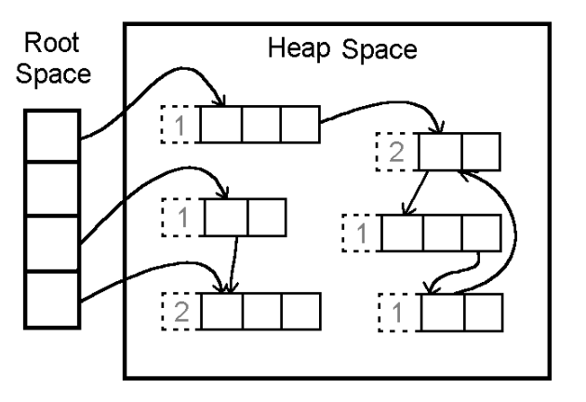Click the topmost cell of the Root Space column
coord(52,135)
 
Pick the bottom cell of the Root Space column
coord(52,300)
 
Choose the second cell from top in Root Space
coord(52,189)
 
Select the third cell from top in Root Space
coord(52,245)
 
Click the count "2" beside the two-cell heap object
coord(393,150)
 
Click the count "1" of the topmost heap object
coord(180,123)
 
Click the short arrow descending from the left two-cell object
coord(235,261)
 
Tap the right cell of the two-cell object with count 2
coord(481,151)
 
